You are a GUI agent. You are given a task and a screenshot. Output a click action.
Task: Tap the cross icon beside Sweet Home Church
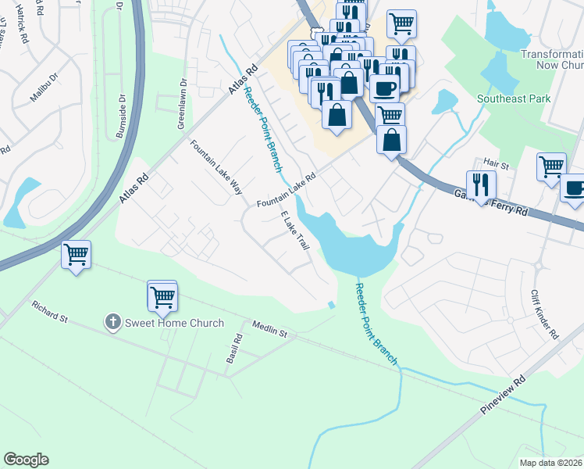[x=112, y=322]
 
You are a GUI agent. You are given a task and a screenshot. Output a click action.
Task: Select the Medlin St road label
[x=269, y=329]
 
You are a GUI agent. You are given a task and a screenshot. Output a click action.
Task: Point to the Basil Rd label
[x=232, y=349]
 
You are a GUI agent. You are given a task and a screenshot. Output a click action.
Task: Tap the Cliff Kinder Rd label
[x=544, y=314]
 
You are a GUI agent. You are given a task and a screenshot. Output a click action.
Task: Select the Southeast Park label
[x=515, y=98]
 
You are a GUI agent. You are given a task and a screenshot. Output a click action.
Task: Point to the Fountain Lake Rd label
[x=286, y=192]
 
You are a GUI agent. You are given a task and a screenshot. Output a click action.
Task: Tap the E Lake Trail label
[x=294, y=231]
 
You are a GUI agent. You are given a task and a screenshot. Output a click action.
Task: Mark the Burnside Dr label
[x=122, y=117]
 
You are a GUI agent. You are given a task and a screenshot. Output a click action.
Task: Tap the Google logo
[x=26, y=460]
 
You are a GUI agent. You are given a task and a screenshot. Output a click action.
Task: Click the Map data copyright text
[x=551, y=462]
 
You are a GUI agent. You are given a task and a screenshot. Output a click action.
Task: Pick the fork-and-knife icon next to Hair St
[x=481, y=185]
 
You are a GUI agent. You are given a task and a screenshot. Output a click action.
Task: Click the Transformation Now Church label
[x=551, y=61]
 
